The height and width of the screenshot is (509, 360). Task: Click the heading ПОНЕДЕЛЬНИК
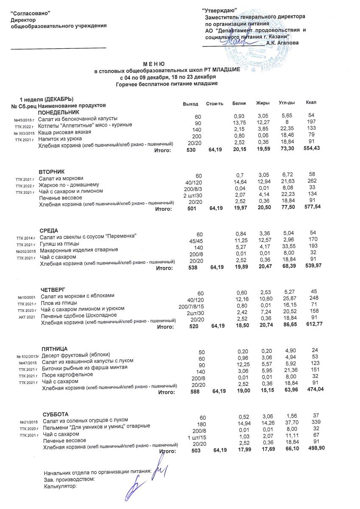59,112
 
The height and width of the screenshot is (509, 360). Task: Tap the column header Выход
190,104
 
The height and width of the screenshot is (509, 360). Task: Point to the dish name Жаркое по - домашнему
69,185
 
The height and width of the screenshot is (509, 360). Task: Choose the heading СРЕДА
48,230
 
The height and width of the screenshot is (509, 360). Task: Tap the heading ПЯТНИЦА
55,348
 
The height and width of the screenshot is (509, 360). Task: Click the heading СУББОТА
56,414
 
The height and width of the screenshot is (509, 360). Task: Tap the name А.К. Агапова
282,43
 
